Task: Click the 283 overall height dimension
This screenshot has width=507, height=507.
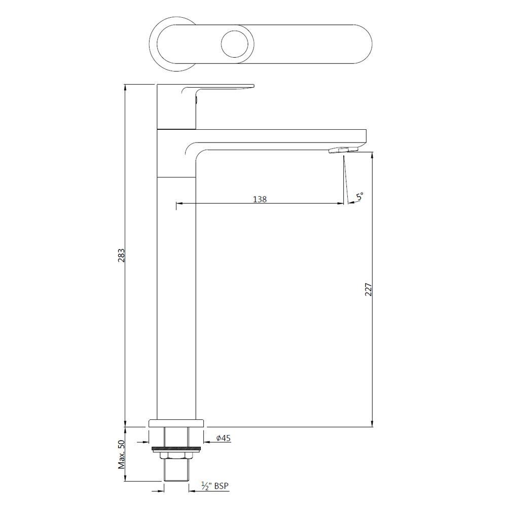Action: coord(121,256)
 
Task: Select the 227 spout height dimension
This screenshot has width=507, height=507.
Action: coord(369,289)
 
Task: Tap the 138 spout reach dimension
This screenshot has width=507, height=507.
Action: coord(260,199)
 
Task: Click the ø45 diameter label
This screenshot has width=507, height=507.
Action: coord(224,438)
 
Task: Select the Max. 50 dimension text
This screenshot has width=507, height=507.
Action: coord(121,462)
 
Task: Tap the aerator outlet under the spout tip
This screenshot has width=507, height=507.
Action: coord(343,150)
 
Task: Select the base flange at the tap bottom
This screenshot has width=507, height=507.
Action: coord(176,423)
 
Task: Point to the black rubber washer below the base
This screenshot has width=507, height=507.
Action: coord(176,449)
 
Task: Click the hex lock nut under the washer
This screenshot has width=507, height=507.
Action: coord(176,455)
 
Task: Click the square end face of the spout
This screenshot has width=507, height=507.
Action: coord(363,136)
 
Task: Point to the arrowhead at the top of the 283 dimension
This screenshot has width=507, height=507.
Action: coord(126,87)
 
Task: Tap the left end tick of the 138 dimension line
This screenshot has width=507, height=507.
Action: coord(176,204)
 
